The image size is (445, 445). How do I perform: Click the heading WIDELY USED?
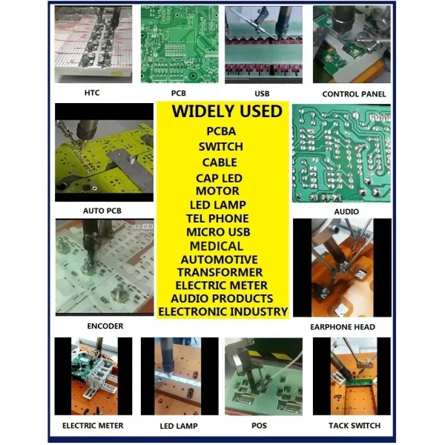(226, 112)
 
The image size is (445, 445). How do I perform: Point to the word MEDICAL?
(217, 246)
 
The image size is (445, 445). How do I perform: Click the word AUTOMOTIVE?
(219, 260)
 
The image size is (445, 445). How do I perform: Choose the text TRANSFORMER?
(221, 272)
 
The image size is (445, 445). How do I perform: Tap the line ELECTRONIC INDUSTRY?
(222, 312)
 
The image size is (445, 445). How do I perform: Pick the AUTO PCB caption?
(102, 211)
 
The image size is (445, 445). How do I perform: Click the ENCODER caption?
(105, 326)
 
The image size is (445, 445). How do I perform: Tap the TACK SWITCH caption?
(354, 426)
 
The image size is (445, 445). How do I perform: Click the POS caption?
(259, 426)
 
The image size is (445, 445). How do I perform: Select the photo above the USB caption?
(263, 44)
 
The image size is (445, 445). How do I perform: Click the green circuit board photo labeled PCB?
(179, 44)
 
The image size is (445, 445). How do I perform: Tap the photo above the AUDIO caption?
(341, 153)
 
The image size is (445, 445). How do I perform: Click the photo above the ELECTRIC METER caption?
(93, 375)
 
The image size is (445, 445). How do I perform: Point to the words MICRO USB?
(217, 233)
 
